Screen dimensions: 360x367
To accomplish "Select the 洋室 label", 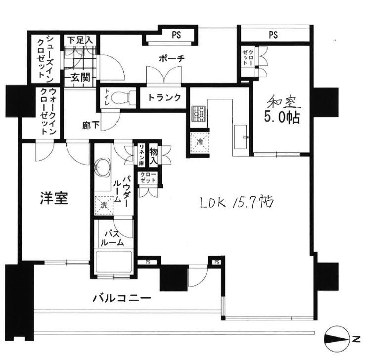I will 54,198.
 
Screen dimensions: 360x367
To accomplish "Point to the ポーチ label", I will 172,59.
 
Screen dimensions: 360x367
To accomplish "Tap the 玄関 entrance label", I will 80,77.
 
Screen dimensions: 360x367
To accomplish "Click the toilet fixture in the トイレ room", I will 123,97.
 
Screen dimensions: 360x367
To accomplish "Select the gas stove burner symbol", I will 199,115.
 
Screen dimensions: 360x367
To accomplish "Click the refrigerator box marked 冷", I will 200,140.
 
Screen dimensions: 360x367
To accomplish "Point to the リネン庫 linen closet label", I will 141,154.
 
